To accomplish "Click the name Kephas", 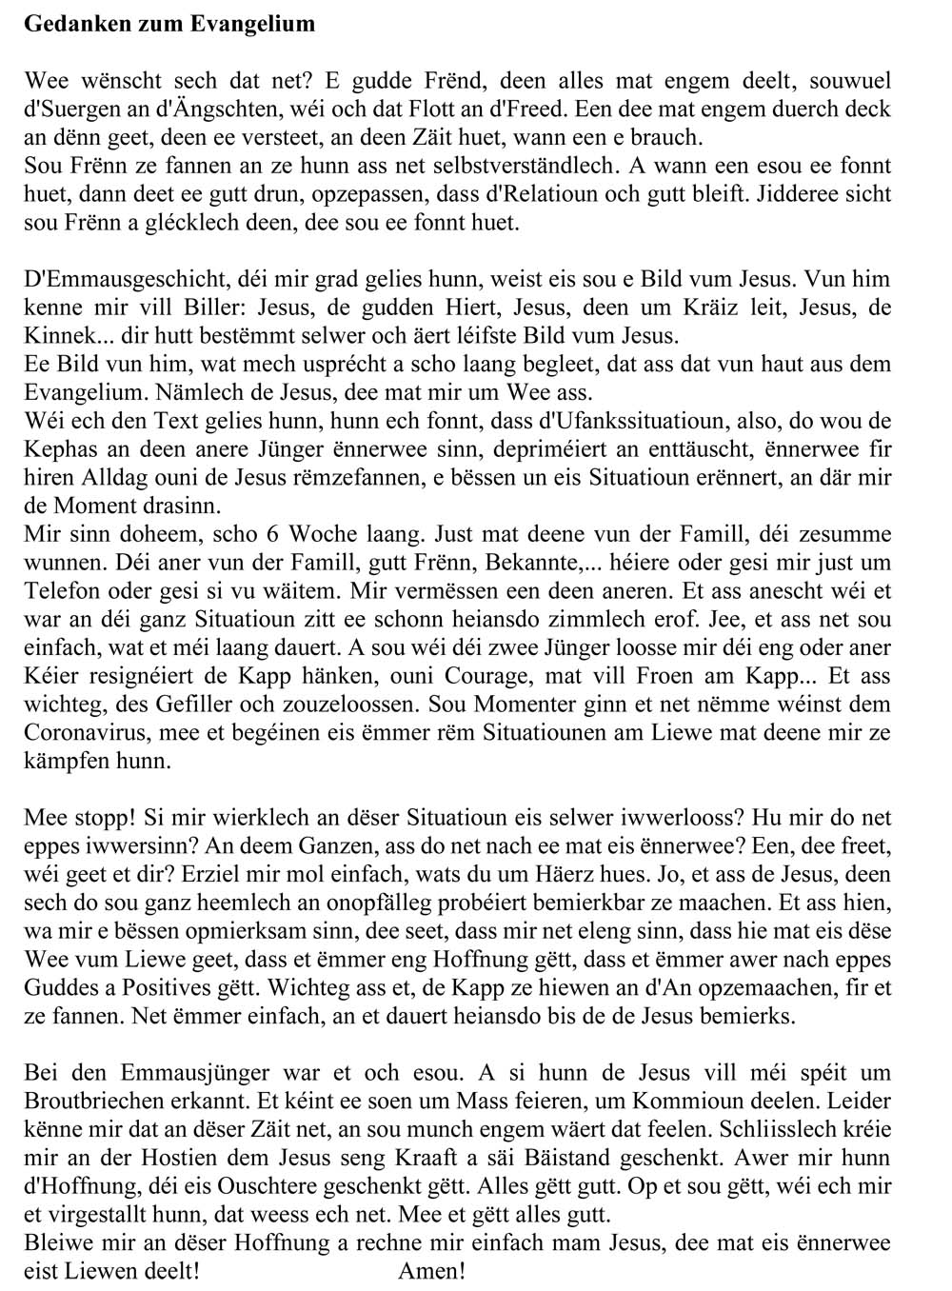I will coord(56,448).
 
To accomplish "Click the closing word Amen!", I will coord(431,1271).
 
